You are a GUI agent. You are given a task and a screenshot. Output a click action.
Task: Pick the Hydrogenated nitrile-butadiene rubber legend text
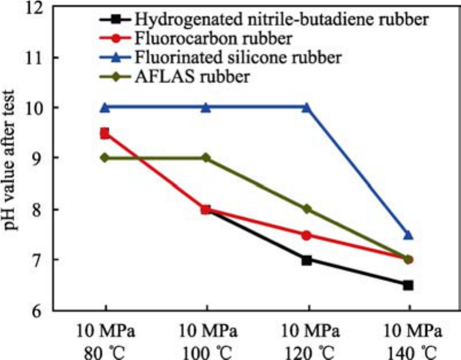(x=281, y=19)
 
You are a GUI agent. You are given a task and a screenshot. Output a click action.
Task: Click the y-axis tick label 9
(x=40, y=158)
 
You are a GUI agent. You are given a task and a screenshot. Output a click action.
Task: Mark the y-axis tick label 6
(x=40, y=310)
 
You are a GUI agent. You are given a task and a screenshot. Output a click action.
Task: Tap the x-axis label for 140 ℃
(x=408, y=349)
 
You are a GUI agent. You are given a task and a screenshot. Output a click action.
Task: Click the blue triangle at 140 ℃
(x=408, y=234)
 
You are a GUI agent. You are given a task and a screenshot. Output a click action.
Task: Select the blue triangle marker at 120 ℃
(x=307, y=107)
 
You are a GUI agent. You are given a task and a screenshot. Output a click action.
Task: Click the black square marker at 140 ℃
(x=408, y=285)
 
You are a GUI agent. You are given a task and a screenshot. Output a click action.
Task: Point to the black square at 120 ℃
(x=307, y=260)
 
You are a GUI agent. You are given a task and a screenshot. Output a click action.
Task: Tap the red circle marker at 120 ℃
(x=307, y=235)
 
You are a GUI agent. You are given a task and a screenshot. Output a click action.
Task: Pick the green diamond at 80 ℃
(x=105, y=158)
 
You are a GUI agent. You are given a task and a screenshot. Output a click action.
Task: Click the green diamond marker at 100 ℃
(x=206, y=158)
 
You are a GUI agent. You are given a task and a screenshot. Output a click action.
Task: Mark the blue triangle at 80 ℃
(x=105, y=107)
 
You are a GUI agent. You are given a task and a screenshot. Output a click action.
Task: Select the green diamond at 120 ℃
(x=307, y=209)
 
